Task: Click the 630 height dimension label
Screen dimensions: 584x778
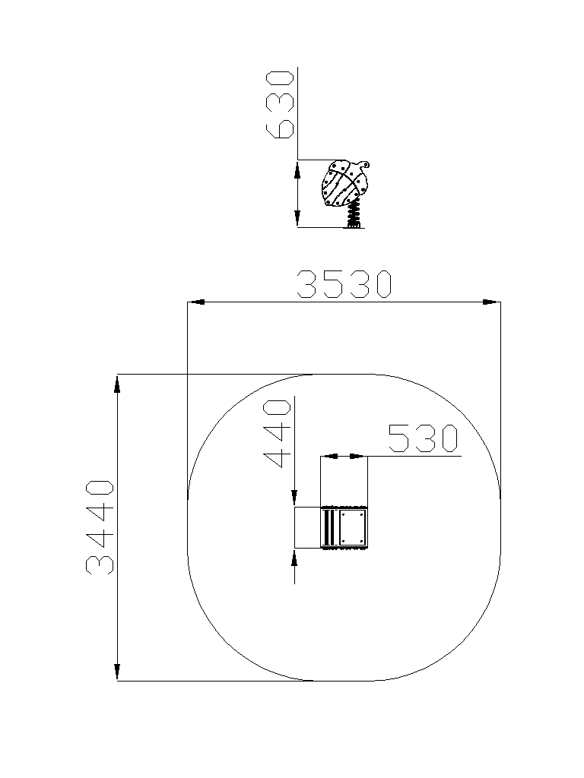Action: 280,104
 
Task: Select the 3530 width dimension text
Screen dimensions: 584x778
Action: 344,284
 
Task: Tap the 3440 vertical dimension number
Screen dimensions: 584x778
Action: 100,527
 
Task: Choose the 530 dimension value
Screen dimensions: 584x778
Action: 423,438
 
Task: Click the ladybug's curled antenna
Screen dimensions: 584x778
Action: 363,163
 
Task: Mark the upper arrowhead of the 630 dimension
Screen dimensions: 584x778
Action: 297,169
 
